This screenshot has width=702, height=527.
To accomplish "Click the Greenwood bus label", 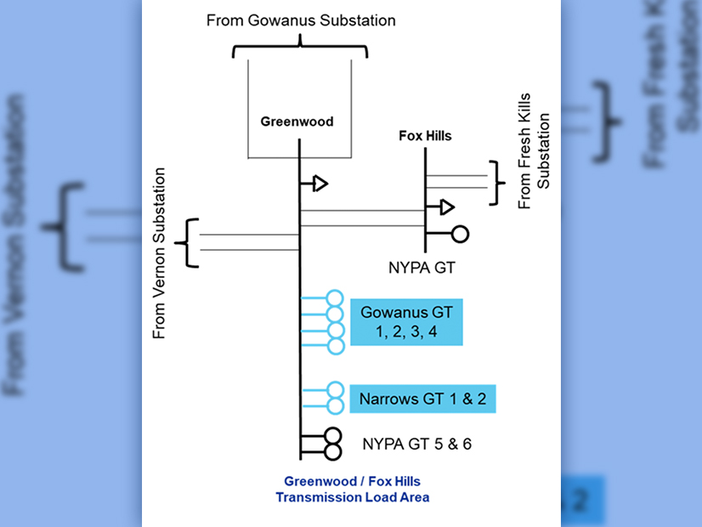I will (x=297, y=122).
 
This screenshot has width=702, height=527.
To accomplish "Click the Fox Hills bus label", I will (x=425, y=135).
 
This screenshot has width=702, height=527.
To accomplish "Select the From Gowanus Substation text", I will (x=301, y=20).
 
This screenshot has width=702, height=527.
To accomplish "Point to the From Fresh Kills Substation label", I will (x=534, y=161).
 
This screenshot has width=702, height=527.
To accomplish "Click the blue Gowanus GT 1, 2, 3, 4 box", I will (x=406, y=322).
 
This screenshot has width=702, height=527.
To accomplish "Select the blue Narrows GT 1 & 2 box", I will (x=422, y=399).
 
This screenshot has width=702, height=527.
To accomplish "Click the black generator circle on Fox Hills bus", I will (x=461, y=235).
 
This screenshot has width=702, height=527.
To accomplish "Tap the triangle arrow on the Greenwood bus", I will (x=320, y=183).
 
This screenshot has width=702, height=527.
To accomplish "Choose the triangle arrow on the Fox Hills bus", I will (x=446, y=207).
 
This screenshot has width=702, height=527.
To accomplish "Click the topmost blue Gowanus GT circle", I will (x=335, y=298).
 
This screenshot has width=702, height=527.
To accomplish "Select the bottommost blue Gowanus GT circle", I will (x=335, y=344).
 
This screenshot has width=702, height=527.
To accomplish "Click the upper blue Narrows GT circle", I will (x=335, y=388).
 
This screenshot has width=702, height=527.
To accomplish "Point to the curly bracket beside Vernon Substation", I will (x=187, y=243).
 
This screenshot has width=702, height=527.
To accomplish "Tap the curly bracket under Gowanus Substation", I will (x=300, y=48).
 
